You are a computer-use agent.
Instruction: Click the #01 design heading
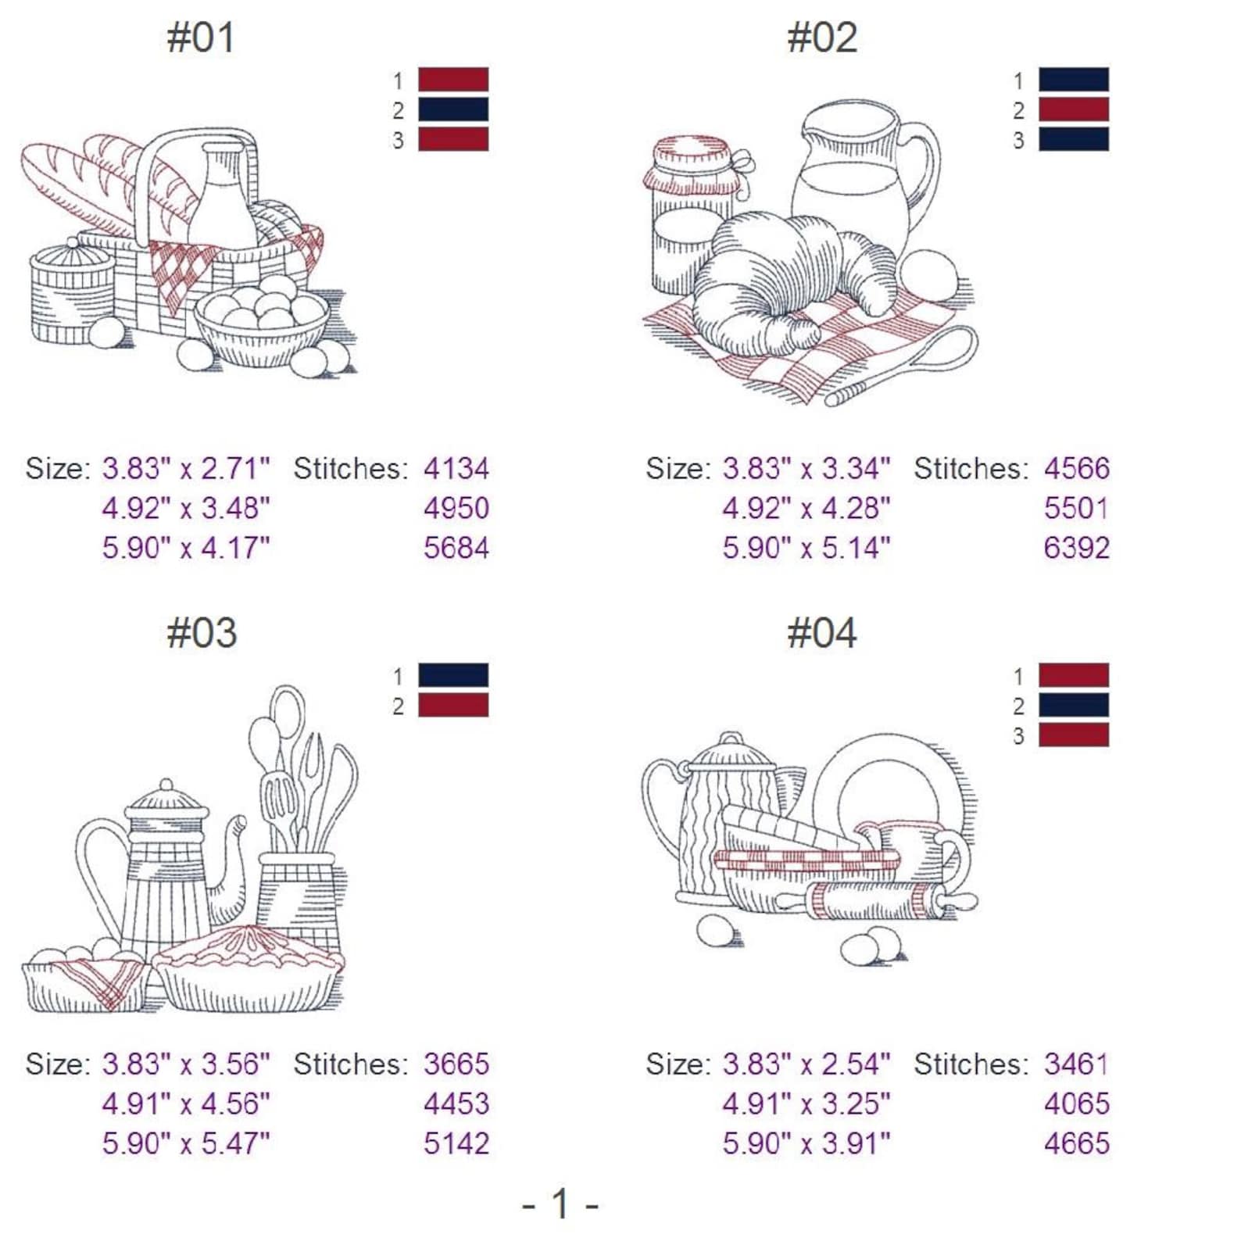tap(201, 38)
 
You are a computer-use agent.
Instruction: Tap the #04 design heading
tap(821, 633)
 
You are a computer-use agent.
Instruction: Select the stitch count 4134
tap(456, 469)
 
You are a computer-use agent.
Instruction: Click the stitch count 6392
tap(1076, 548)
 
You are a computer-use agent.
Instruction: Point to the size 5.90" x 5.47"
tap(186, 1143)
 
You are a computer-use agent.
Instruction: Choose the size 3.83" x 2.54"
tap(806, 1064)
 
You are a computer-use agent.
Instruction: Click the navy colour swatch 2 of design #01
tap(453, 110)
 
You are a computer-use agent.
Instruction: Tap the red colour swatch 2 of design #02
tap(1073, 110)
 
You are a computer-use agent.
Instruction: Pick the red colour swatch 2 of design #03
tap(453, 706)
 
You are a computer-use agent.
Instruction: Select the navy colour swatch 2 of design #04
tap(1073, 706)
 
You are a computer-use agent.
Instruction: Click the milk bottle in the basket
tap(224, 195)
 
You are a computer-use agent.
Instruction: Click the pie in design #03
tap(249, 969)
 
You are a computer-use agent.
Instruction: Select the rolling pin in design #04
tap(875, 901)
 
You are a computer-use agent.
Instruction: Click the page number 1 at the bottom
tap(560, 1203)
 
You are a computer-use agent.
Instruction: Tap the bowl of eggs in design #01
tap(263, 324)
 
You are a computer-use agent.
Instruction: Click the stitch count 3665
tap(456, 1064)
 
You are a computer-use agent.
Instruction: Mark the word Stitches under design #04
tap(972, 1064)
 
